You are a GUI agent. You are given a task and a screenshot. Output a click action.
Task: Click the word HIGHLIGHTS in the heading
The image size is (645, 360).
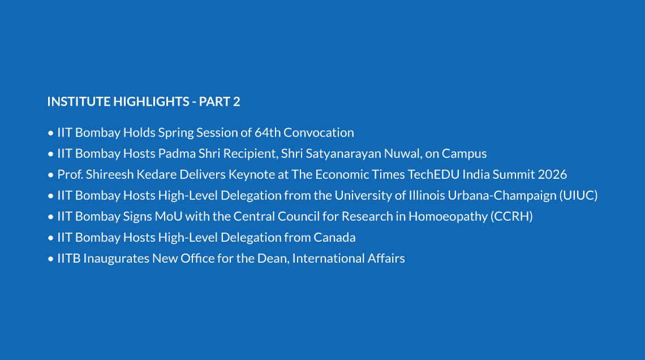tap(152, 102)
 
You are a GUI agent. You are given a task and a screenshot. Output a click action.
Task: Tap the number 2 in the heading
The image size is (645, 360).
tap(236, 102)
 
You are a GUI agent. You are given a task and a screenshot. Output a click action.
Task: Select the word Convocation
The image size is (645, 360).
tap(319, 132)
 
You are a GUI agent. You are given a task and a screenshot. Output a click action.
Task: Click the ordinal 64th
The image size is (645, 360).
tap(268, 132)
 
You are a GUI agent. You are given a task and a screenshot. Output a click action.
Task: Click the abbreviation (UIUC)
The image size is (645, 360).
tap(578, 195)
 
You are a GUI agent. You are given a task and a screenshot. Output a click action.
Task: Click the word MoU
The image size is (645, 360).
tap(169, 216)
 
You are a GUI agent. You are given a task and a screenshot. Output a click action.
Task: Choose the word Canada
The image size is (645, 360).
tap(335, 237)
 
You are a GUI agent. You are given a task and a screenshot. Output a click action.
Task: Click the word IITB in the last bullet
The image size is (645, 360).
tap(68, 258)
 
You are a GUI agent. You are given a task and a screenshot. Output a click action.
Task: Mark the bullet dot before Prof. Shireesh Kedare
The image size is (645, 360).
tap(50, 175)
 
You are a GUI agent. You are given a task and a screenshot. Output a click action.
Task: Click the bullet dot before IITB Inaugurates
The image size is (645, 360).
tap(50, 259)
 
